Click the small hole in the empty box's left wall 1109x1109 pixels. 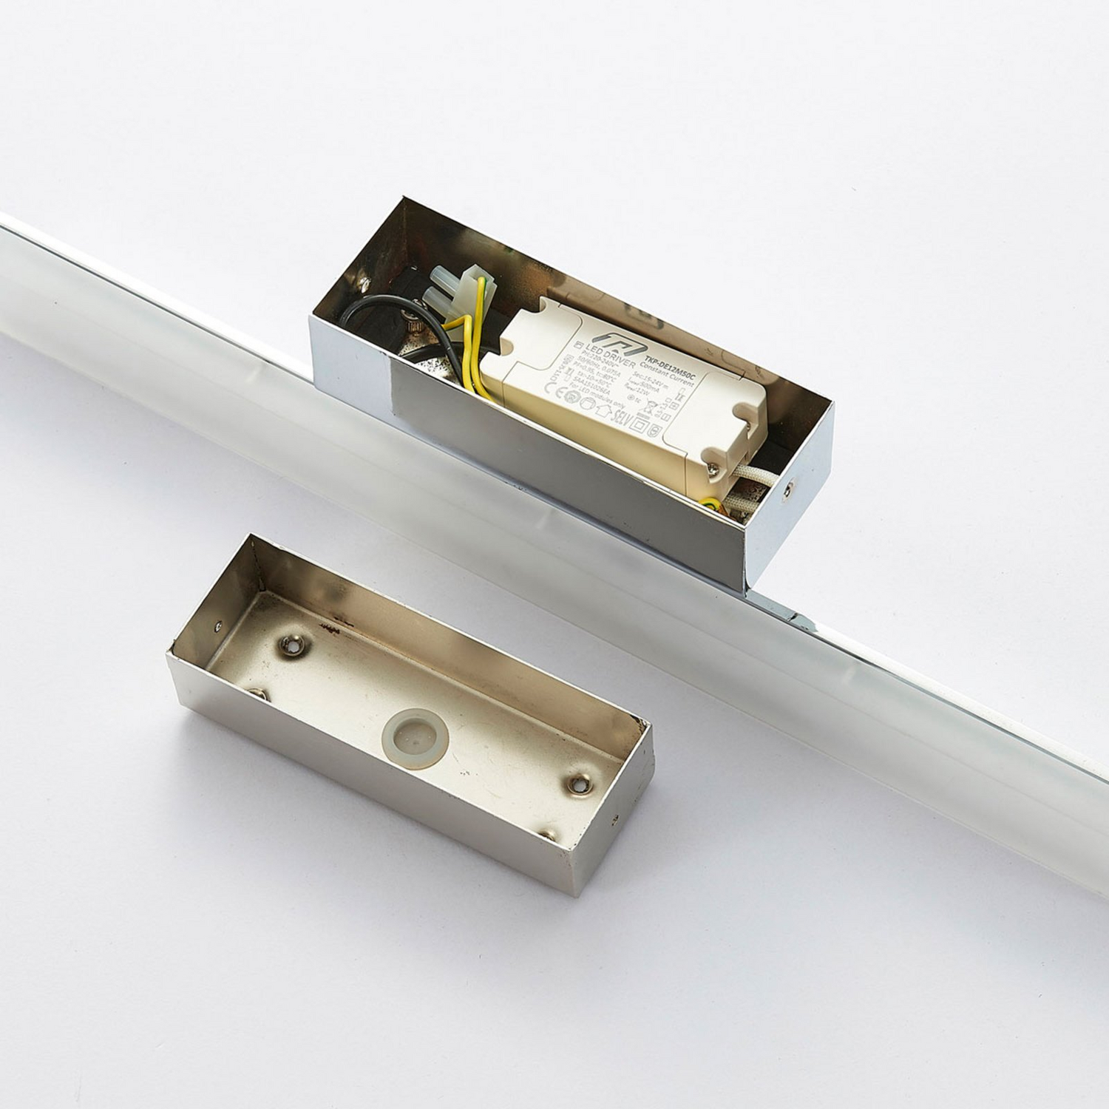point(217,625)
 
